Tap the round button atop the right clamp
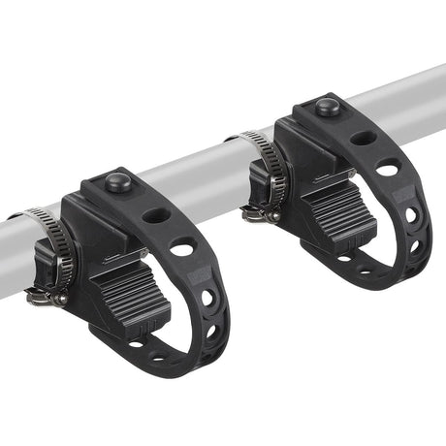click(328, 106)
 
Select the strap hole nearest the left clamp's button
click(156, 215)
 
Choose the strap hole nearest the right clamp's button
click(364, 138)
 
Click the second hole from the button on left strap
click(181, 249)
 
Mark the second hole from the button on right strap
click(389, 169)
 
